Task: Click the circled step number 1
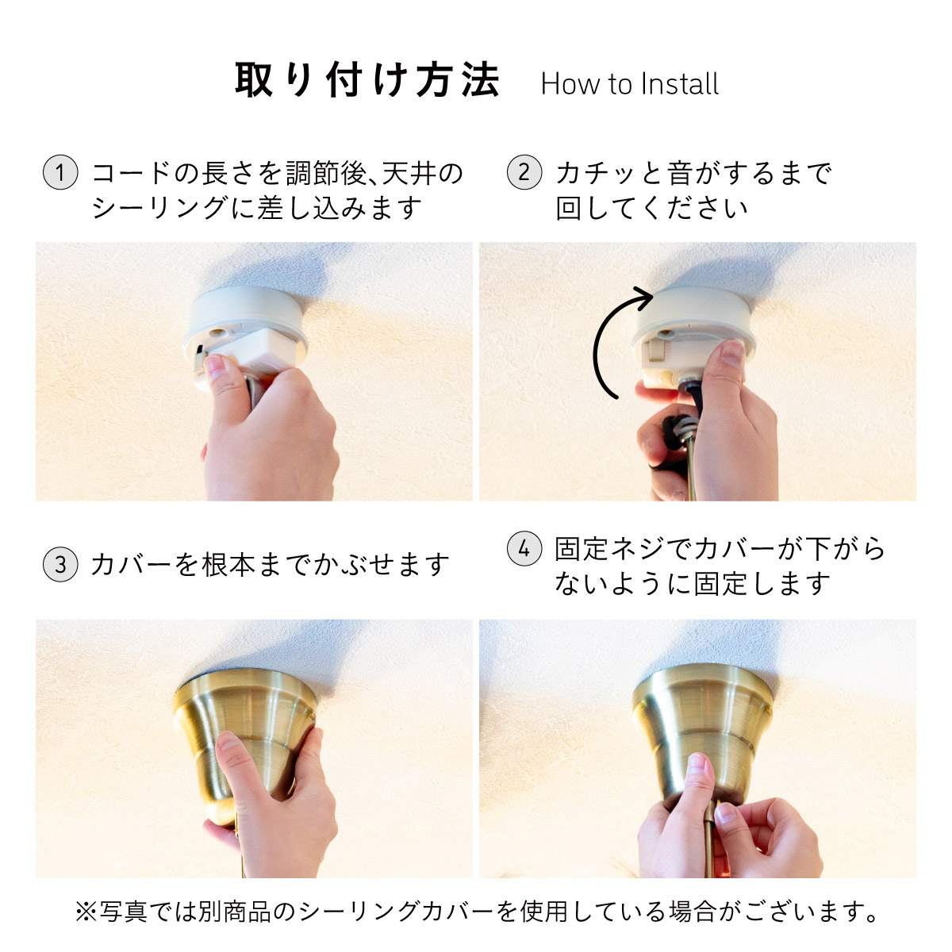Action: coord(60,172)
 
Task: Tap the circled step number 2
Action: coord(524,172)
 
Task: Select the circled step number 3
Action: coord(60,564)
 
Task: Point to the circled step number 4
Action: coord(524,548)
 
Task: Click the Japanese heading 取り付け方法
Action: coord(367,80)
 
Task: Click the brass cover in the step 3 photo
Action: coord(245,731)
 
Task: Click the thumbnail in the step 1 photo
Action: coord(216,366)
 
